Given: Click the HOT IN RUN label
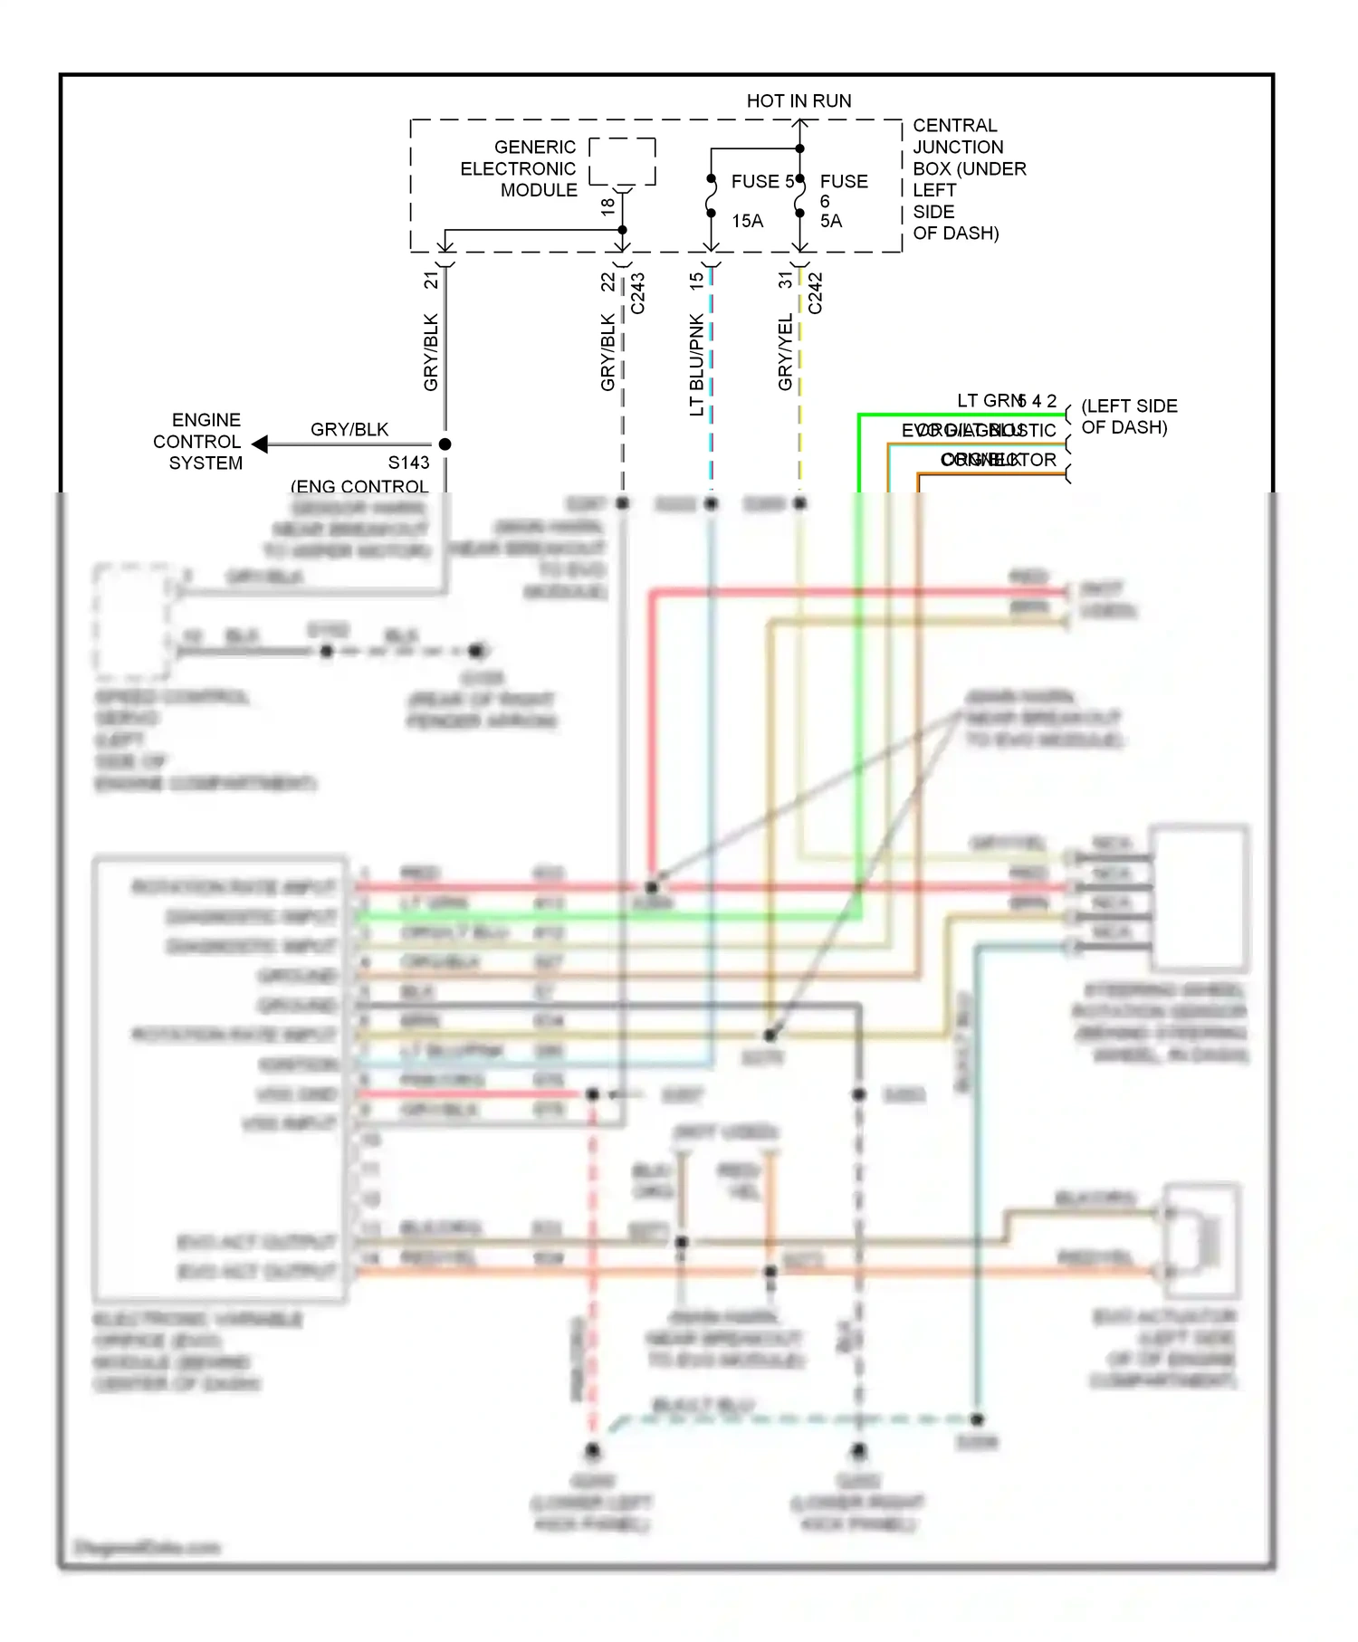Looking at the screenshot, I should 799,100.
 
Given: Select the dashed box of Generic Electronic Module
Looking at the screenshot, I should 622,161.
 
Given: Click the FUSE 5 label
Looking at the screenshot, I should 762,181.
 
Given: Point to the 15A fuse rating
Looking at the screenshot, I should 747,221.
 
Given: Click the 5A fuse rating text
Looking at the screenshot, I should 830,221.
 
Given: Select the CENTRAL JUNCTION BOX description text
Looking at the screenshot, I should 968,178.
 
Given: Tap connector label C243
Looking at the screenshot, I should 637,293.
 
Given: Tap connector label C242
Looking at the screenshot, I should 815,293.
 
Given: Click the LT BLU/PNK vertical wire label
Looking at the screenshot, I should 696,365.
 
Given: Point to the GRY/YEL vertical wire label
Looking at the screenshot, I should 785,352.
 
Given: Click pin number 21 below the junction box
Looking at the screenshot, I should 431,280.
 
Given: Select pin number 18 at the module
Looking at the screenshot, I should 607,205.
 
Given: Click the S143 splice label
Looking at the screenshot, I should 408,463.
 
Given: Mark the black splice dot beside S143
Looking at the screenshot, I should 445,444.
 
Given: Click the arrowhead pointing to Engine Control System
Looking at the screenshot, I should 260,444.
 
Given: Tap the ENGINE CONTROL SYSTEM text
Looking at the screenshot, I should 198,442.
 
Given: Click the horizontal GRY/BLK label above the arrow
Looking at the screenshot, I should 349,429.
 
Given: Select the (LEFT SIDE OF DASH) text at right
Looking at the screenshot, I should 1128,416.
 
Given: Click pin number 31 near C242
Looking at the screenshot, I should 785,280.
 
